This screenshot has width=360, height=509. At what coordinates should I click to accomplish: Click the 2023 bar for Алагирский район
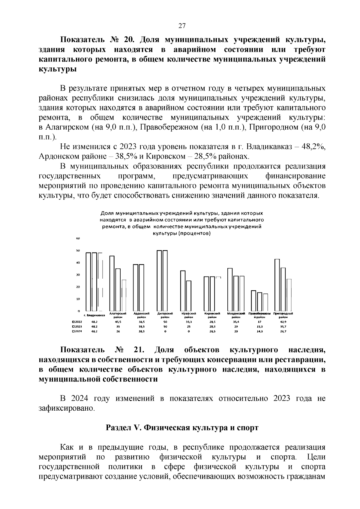coord(118,289)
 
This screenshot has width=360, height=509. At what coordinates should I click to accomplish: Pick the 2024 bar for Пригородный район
coord(289,295)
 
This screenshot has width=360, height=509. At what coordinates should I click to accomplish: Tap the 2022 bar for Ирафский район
coord(183,290)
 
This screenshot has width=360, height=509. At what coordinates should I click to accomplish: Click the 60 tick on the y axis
coord(77,238)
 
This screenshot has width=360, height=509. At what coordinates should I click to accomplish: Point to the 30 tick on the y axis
coord(78,275)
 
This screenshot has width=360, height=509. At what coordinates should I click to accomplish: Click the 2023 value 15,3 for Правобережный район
coord(259,327)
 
